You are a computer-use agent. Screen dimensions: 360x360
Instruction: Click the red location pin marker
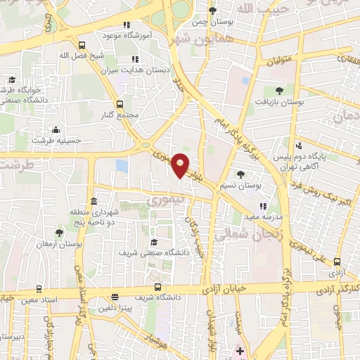click(x=181, y=165)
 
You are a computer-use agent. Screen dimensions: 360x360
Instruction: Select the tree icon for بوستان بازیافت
click(x=280, y=90)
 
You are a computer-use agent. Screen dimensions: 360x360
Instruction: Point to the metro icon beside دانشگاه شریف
click(x=157, y=287)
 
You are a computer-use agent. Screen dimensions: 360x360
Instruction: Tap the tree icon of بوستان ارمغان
click(x=59, y=232)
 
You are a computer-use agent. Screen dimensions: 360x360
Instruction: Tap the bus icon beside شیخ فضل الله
click(x=82, y=46)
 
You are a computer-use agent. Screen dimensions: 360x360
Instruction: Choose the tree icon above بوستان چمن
click(x=213, y=11)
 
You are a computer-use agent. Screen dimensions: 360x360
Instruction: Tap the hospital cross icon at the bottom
click(x=240, y=350)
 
